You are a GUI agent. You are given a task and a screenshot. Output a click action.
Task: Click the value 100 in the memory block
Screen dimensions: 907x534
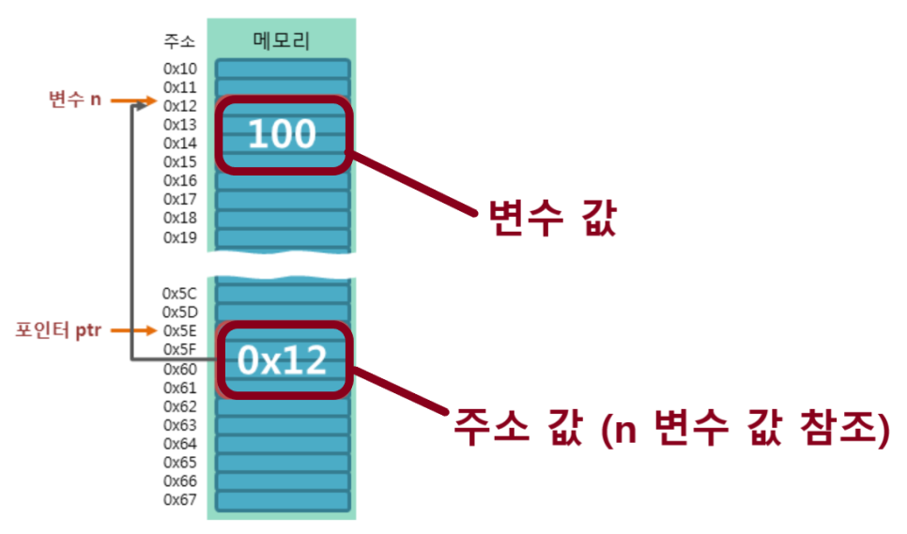(282, 135)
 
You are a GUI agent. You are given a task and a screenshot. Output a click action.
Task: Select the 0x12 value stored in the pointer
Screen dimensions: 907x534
(282, 360)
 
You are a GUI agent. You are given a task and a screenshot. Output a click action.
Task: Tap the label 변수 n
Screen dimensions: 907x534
(75, 99)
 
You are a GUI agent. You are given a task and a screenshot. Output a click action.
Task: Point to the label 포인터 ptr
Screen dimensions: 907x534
(57, 330)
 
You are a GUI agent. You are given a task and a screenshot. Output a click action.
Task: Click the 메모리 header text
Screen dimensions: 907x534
(282, 40)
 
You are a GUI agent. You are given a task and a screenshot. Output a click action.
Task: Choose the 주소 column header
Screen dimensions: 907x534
(179, 42)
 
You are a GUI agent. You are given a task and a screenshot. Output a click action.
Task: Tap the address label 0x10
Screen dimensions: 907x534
(180, 69)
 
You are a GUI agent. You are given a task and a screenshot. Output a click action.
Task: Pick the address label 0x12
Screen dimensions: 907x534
(180, 106)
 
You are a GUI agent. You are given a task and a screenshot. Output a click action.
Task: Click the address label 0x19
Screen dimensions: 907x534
(180, 237)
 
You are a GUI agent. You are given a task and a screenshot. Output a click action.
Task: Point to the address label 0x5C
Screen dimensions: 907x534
(180, 293)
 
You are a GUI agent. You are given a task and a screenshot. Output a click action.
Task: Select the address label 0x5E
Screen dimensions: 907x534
(180, 330)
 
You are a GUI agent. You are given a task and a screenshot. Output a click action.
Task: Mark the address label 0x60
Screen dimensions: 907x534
(180, 368)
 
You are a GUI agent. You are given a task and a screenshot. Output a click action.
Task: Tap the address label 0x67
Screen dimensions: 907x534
(180, 499)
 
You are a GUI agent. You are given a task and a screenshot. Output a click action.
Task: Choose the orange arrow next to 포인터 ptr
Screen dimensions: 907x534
(140, 330)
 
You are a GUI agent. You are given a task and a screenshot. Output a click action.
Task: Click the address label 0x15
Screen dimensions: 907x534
(180, 162)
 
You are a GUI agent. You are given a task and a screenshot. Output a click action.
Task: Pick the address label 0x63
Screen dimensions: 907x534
(180, 424)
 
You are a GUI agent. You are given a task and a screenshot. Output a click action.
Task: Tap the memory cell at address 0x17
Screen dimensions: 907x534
(282, 200)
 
